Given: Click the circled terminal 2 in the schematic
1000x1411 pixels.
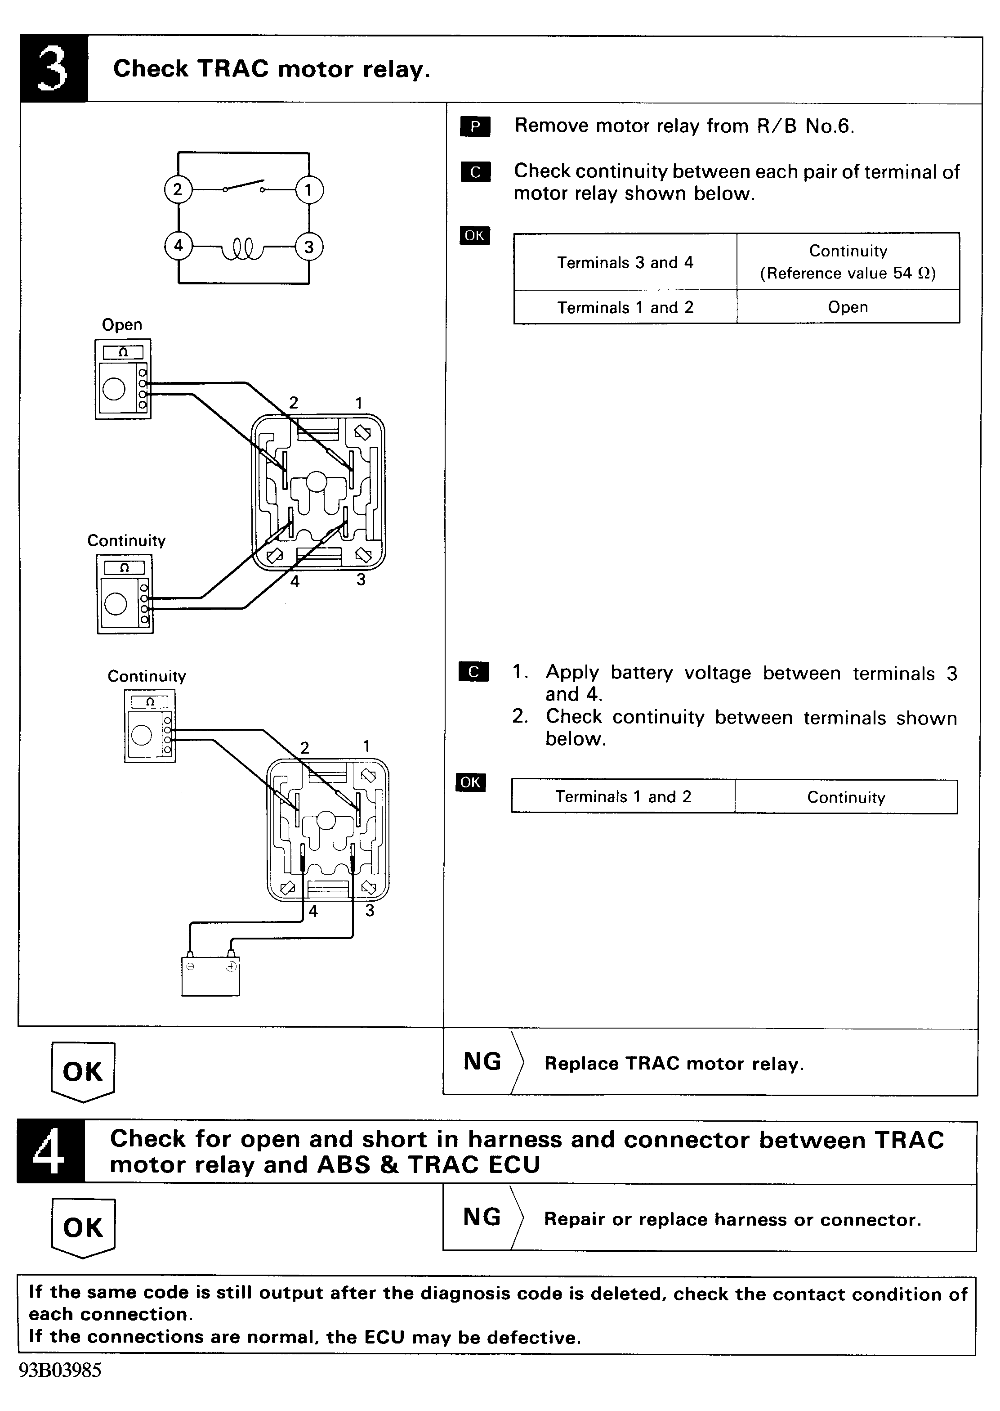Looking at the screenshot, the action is coord(178,189).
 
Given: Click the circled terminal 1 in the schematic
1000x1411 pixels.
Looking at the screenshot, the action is coord(308,190).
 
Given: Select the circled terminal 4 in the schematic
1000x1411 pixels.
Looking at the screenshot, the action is coord(178,246).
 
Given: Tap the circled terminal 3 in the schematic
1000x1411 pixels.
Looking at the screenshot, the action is coord(308,247).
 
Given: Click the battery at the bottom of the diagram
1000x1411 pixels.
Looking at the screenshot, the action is coord(210,974).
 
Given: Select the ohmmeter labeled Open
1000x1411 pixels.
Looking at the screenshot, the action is coord(123,379).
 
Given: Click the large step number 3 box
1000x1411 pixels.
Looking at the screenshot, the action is coord(54,68).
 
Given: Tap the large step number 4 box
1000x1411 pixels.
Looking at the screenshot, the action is coord(50,1151).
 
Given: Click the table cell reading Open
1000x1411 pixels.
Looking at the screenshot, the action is coord(848,307).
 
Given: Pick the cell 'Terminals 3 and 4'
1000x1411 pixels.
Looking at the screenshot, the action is coord(625,262).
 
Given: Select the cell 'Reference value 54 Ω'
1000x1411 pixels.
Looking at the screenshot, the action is coord(848,273).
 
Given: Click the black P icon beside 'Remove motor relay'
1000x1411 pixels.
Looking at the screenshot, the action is coord(475,126).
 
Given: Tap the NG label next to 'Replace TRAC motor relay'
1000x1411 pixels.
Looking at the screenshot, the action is coord(482,1061).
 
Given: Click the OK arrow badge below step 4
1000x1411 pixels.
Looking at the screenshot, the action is coord(83,1228).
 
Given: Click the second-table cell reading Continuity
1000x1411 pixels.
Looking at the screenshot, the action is coord(846,797).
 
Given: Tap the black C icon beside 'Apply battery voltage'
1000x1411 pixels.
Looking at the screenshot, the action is coord(473,672).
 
